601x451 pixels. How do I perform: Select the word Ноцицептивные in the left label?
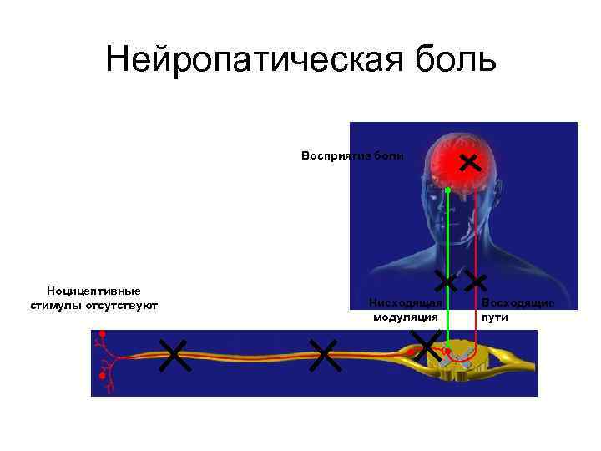click(93, 291)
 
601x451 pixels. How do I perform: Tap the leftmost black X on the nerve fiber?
click(174, 356)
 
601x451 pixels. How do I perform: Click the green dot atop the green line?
click(447, 191)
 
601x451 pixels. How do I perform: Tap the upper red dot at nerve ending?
click(103, 334)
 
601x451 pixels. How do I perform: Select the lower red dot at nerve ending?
click(102, 377)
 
